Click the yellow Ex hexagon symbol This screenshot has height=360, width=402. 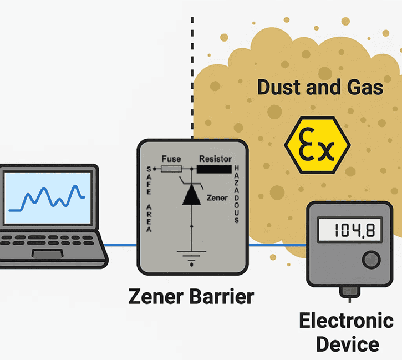(317, 145)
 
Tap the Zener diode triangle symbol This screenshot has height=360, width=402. (191, 195)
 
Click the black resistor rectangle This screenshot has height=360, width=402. (215, 169)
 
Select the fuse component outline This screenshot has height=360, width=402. (171, 169)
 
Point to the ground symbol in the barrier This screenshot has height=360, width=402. (191, 256)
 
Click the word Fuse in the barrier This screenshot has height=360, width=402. (171, 159)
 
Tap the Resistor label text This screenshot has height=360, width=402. (215, 159)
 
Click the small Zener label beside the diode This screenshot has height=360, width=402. (216, 197)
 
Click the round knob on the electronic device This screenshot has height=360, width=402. (370, 259)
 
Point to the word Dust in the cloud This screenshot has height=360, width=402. (279, 88)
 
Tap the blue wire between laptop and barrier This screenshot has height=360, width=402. (123, 245)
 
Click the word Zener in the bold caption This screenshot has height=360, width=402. (154, 296)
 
